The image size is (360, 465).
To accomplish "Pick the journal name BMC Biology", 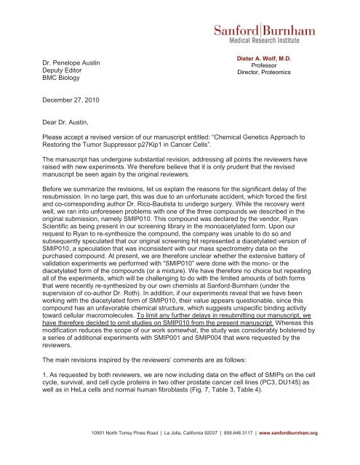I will coord(60,82).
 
